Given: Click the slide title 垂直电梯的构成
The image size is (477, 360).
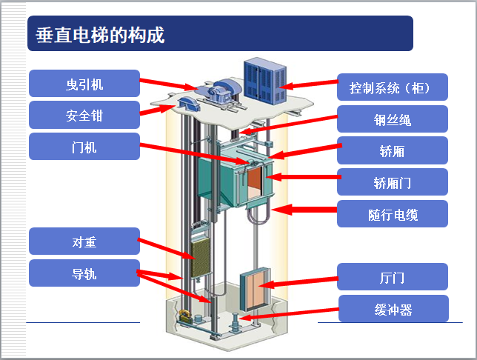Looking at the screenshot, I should click(x=100, y=34).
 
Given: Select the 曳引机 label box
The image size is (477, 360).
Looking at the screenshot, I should click(x=84, y=84).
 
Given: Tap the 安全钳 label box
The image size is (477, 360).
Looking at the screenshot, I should click(x=84, y=115).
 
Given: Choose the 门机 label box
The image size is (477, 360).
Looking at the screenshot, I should click(x=84, y=147).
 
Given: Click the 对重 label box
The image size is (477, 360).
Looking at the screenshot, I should click(x=84, y=241).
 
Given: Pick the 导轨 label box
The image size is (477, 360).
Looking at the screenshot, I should click(x=84, y=273).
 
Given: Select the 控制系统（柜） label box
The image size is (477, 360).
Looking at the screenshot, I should click(x=393, y=87).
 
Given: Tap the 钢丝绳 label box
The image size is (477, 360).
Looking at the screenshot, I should click(x=393, y=119).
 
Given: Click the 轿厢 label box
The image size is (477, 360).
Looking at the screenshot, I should click(x=393, y=150).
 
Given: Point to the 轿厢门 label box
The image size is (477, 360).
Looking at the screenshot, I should click(x=393, y=182).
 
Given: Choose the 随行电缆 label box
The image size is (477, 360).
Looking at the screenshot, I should click(x=393, y=214).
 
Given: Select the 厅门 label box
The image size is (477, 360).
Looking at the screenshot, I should click(x=393, y=277).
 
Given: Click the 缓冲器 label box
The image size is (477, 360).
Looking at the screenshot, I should click(x=393, y=309).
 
